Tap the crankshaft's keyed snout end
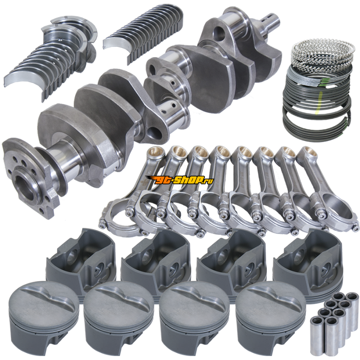pos(272,21)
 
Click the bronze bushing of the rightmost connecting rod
pos(307,151)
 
